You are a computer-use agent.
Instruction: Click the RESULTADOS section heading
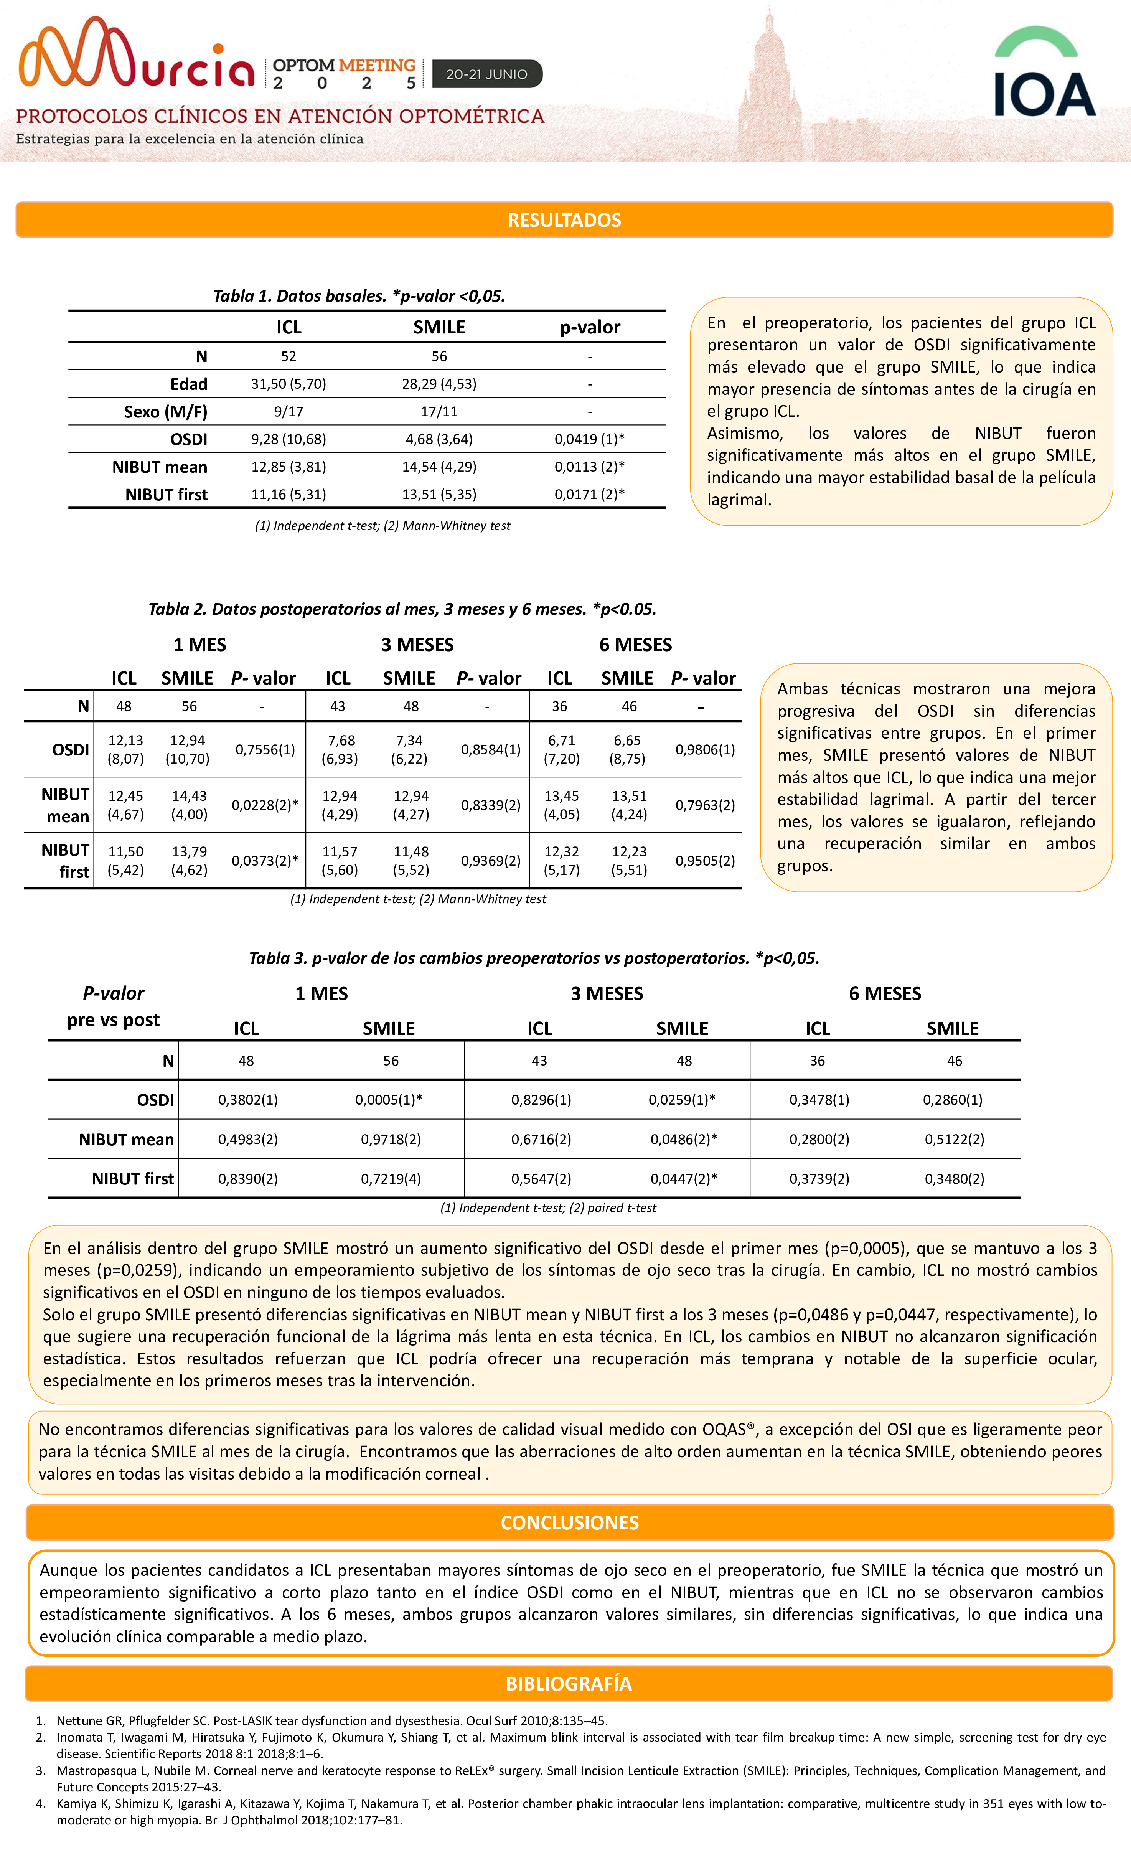[564, 220]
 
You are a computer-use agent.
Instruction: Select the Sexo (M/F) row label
[166, 412]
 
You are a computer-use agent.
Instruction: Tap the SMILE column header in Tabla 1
[439, 327]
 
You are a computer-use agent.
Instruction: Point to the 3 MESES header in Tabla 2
[417, 645]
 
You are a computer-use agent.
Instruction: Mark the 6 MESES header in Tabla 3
[885, 993]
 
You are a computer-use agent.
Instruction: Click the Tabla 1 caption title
[359, 296]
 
